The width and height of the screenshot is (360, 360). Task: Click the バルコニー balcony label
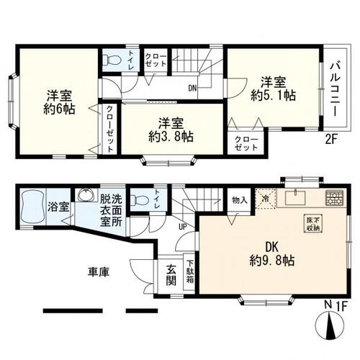pos(336,92)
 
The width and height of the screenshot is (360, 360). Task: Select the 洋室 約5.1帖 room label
pos(272,87)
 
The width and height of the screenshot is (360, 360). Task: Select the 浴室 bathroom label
pos(58,207)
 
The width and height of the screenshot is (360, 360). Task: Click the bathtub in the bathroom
pos(32,207)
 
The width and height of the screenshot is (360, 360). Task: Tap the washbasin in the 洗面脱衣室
pos(85,197)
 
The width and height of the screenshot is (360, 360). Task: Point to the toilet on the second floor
pos(110,62)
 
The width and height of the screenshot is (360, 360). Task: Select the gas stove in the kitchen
pos(334,197)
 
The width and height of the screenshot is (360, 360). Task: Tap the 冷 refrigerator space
pos(266,199)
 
